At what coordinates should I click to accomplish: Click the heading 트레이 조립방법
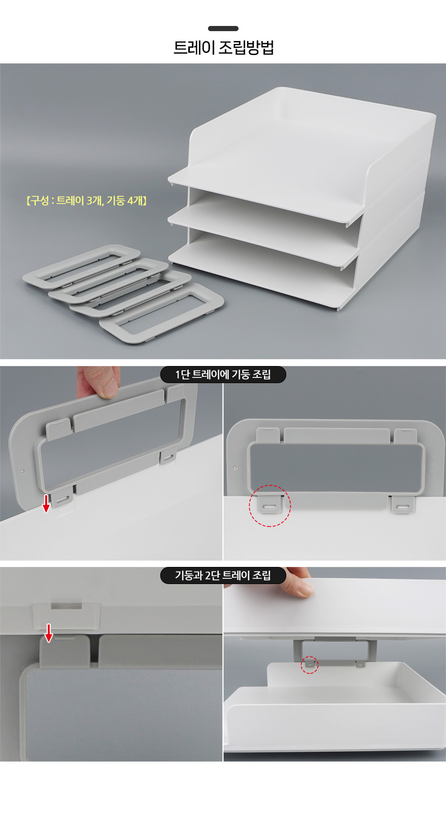pos(224,48)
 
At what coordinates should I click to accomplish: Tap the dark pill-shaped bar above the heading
pos(223,29)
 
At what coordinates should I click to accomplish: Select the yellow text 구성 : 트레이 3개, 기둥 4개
pos(86,200)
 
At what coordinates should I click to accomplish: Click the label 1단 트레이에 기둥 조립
pos(223,374)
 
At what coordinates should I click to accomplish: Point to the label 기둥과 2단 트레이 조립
pos(223,575)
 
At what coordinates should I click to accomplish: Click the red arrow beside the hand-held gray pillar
pos(46,504)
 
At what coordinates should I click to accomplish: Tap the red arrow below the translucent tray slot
pos(49,633)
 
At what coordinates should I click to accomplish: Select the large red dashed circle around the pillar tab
pos(270,505)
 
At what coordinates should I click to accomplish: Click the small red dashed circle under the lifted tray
pos(309,665)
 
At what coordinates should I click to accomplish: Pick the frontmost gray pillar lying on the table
pos(162,313)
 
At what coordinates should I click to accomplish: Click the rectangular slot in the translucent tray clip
pos(67,606)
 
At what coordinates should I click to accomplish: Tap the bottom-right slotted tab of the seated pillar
pos(402,505)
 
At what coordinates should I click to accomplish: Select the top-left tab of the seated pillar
pos(268,436)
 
